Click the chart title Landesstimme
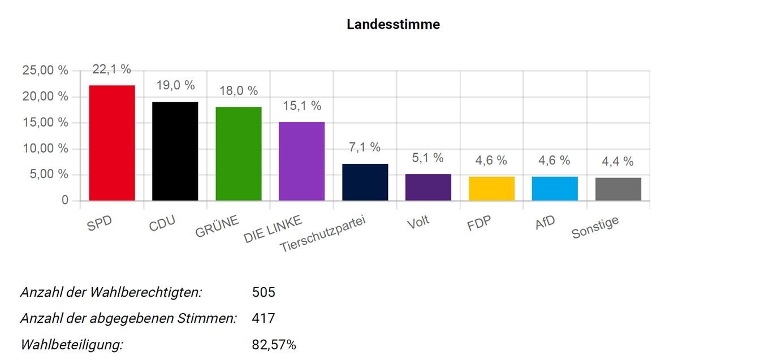393,25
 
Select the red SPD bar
112,143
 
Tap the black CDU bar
175,151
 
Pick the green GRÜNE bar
239,154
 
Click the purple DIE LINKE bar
302,161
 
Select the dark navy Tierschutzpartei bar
365,182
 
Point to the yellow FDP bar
492,189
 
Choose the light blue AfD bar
555,189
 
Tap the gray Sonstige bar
618,189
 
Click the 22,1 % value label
112,70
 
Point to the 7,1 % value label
365,148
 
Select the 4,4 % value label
618,162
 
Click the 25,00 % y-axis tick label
45,71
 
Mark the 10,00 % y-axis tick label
45,149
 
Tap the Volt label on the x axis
418,221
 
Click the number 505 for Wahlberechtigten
263,292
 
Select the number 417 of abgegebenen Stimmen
263,318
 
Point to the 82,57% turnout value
274,344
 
